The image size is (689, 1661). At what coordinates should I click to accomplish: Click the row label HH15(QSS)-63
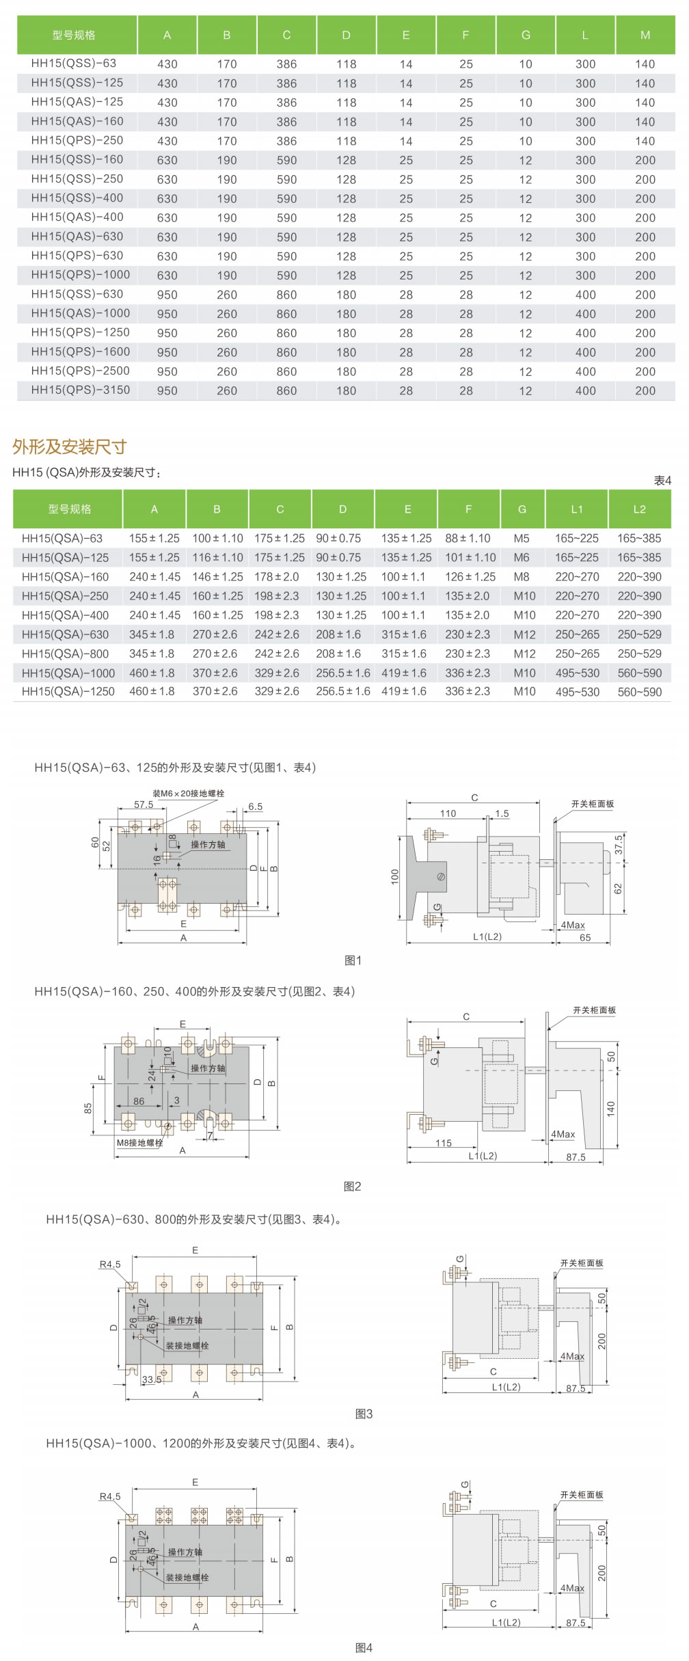74,64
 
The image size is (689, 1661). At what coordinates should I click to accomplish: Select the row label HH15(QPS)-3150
81,390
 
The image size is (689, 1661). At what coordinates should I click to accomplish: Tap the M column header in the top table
645,36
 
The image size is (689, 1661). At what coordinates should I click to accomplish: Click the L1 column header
577,509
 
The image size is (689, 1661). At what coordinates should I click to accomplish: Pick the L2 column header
639,509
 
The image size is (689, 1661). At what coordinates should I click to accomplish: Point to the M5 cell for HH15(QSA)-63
522,539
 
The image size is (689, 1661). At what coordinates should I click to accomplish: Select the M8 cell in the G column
522,577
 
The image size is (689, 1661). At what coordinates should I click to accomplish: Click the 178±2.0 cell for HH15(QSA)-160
277,577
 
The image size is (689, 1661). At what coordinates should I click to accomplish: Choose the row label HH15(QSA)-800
65,653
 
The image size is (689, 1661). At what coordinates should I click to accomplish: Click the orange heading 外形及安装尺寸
70,447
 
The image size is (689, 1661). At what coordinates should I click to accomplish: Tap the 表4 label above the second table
662,481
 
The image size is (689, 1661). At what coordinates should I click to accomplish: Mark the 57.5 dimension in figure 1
144,805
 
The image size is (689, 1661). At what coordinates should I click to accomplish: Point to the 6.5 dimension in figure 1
255,807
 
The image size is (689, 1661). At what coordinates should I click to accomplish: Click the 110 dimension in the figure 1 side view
448,813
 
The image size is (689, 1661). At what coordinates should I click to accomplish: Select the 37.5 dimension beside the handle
619,844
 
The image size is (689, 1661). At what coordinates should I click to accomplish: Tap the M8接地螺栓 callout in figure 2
139,1142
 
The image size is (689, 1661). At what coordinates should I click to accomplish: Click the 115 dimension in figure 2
444,1143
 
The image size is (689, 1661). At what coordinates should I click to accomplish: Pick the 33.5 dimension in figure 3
152,1379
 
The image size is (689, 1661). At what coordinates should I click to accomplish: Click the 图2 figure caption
352,1187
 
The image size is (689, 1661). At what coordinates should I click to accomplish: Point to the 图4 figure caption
364,1648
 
